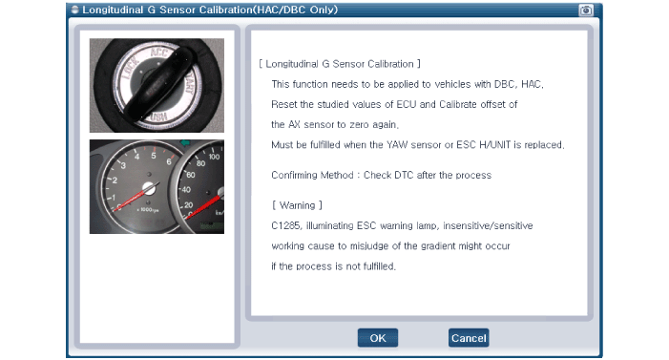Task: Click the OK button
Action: point(378,338)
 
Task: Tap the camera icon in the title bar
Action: point(586,10)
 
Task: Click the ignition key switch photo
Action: point(157,85)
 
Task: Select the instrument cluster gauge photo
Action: point(157,186)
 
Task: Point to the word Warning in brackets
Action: point(298,205)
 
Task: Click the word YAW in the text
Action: point(397,145)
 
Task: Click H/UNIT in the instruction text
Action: point(495,145)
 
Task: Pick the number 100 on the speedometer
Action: point(214,157)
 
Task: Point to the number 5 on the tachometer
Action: point(153,156)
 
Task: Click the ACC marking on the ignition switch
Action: point(160,53)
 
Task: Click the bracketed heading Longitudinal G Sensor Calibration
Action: point(340,64)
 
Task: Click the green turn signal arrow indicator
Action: point(185,143)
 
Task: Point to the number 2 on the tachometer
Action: point(115,180)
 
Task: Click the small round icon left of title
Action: point(75,10)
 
